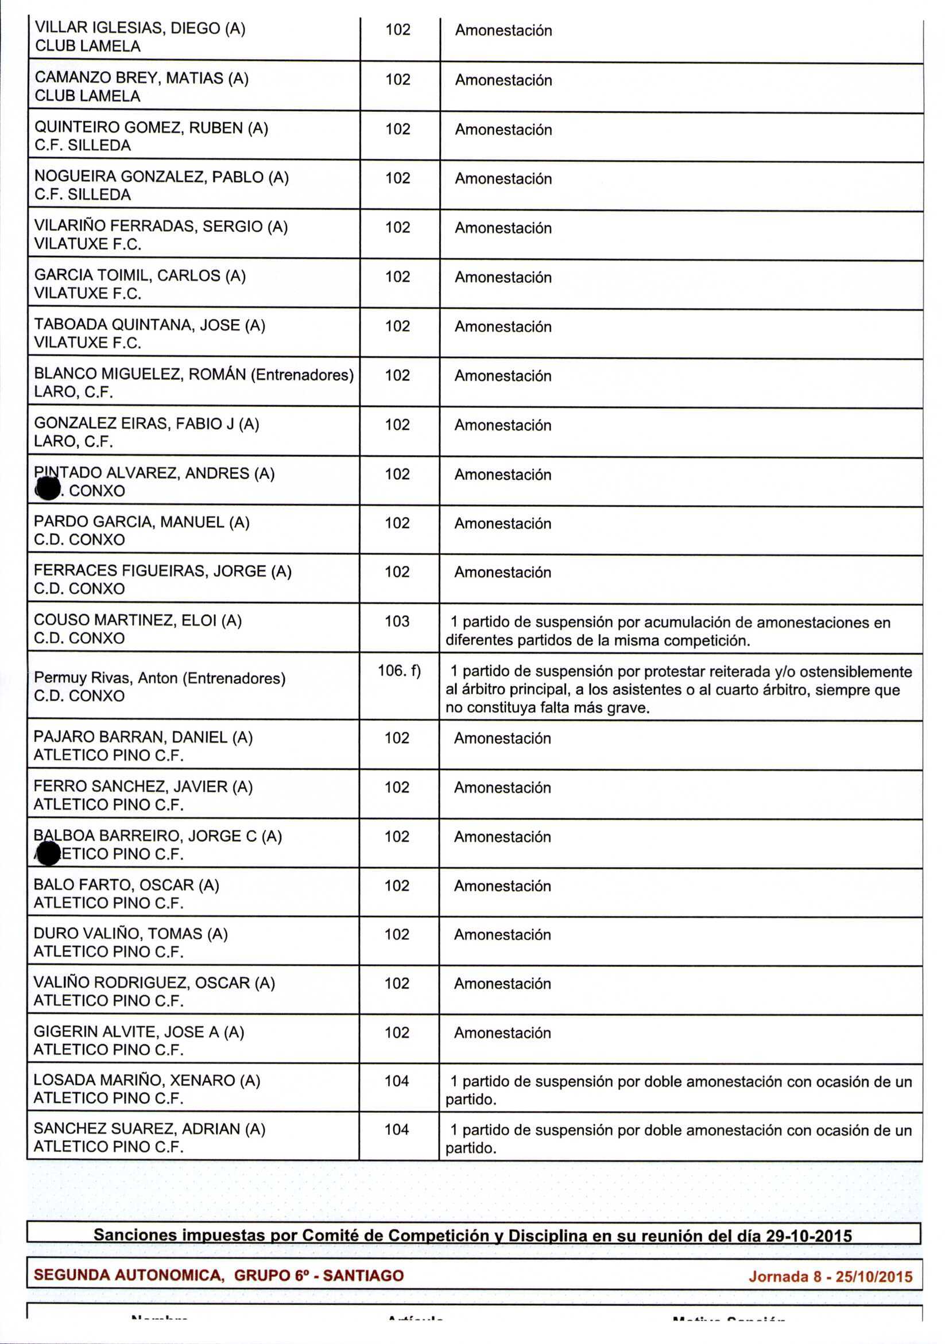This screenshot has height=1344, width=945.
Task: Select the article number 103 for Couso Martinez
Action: pos(396,621)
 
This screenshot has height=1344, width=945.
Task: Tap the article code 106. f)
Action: pos(399,670)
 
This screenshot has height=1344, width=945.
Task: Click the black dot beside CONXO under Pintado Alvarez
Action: pos(49,490)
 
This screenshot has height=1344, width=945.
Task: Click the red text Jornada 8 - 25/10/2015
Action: pos(830,1276)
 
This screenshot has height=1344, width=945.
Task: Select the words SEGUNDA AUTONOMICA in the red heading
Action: pos(127,1276)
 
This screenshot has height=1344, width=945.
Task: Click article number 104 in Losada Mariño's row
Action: pos(396,1081)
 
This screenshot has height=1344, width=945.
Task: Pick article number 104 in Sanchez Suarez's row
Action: pos(396,1129)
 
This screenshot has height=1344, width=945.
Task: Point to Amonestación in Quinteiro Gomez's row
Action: pos(503,129)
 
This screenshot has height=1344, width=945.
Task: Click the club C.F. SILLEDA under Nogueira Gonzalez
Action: pos(83,195)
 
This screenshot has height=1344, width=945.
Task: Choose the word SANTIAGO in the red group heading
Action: pos(363,1276)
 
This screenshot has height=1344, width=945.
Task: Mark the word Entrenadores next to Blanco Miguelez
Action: pos(302,375)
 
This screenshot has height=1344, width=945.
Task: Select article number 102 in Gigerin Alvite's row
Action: pos(396,1032)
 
